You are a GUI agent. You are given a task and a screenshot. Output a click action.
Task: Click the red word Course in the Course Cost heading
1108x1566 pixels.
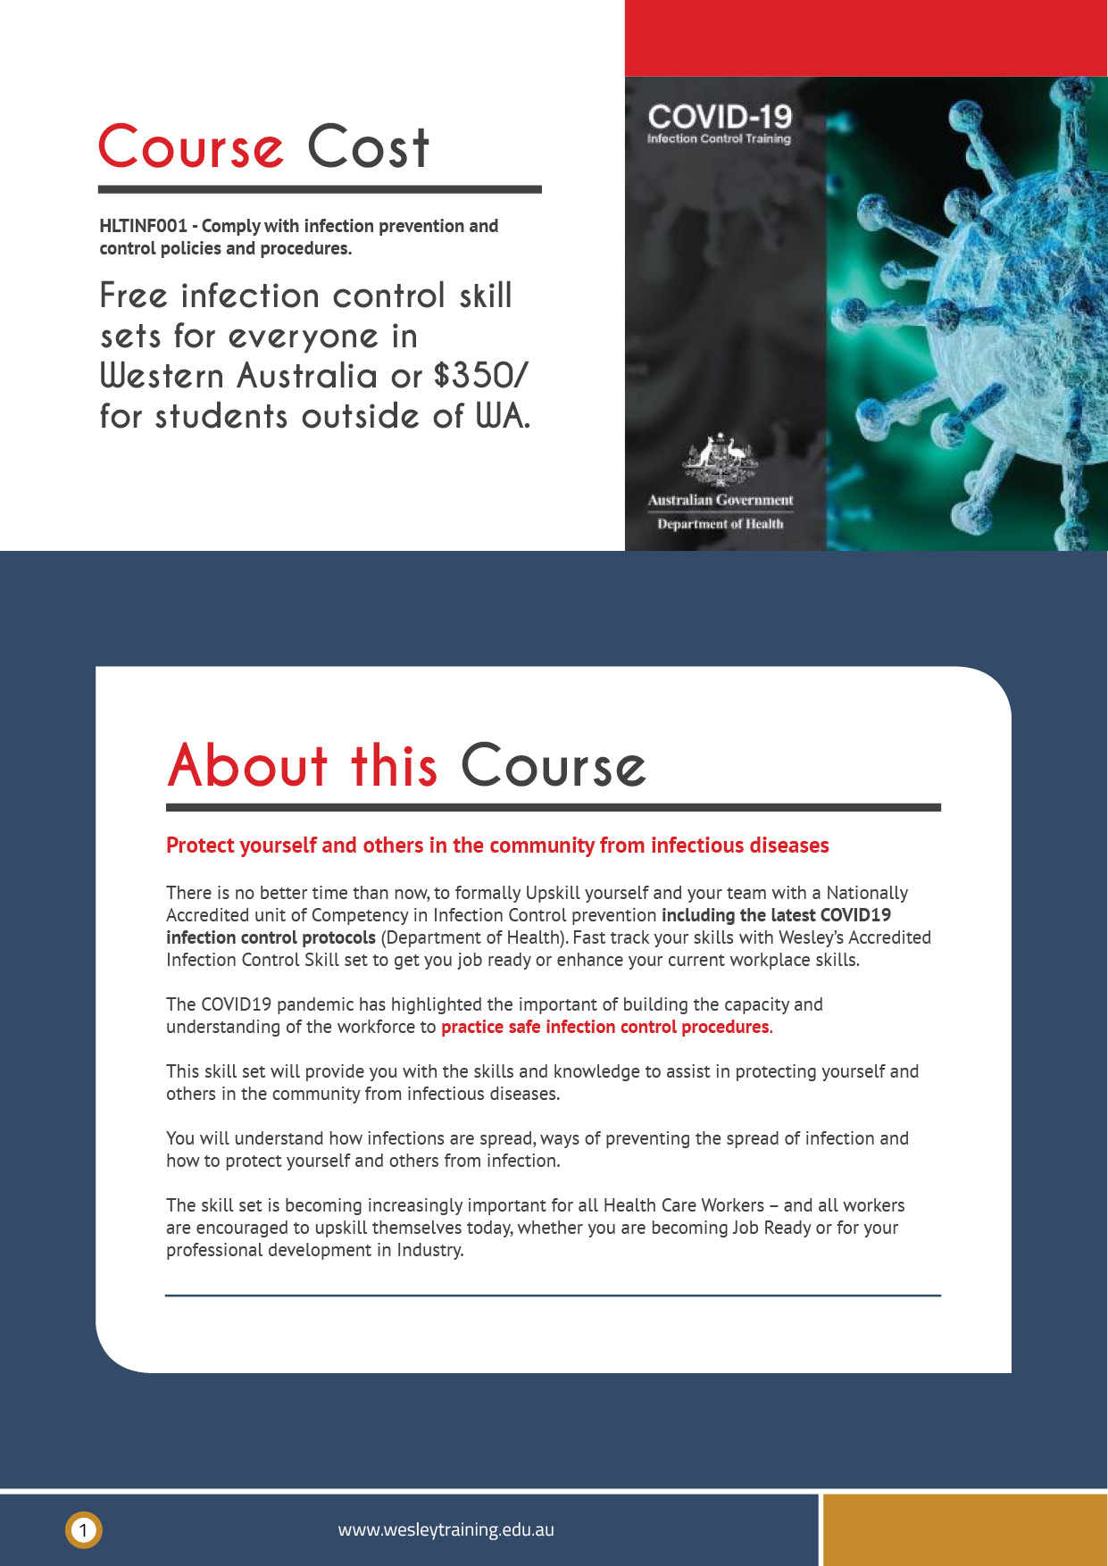pos(191,147)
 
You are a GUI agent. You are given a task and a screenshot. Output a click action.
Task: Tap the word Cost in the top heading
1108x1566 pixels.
pos(368,147)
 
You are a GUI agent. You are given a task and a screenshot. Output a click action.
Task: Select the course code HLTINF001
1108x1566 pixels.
pos(143,226)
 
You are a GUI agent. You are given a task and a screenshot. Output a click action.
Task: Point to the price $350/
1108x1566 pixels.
pos(480,376)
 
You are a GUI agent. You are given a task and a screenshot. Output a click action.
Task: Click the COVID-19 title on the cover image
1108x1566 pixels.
pos(720,116)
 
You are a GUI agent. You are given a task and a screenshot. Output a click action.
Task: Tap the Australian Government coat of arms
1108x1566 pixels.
pos(720,458)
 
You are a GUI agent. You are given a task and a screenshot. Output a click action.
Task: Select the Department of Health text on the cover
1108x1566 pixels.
pos(720,524)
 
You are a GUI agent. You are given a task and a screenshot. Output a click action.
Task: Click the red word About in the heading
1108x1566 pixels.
pos(248,766)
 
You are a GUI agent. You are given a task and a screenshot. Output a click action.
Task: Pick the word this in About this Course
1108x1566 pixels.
pos(394,766)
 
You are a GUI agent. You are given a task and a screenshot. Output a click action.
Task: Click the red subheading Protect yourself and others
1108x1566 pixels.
pos(497,845)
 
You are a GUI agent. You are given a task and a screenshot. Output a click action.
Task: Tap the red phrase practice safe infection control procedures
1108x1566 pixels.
pos(604,1027)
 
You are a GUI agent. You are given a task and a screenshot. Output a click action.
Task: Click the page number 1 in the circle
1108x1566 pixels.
pos(83,1530)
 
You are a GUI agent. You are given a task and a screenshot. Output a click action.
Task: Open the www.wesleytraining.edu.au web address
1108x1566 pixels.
pos(446,1530)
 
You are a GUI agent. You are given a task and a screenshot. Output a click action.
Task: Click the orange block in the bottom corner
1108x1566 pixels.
pos(964,1530)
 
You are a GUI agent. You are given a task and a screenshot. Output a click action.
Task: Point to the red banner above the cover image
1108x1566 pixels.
pos(865,37)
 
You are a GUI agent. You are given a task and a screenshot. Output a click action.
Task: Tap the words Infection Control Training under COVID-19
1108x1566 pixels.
pos(719,139)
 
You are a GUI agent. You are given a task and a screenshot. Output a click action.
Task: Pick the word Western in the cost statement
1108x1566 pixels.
pos(162,376)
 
